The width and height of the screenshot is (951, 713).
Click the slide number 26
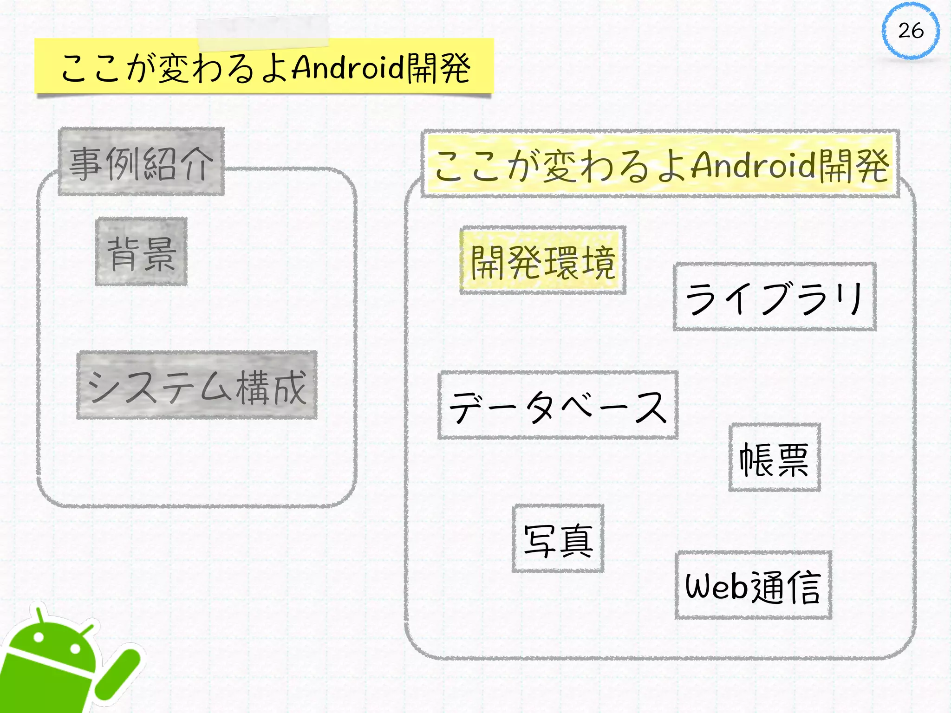911,31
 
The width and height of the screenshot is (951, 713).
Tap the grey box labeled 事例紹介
141,162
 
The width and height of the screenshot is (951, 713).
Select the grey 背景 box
141,252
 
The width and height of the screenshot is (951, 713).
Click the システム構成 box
197,385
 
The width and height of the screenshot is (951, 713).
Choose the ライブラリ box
775,297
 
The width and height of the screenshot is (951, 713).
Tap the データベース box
558,405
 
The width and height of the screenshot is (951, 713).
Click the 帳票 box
775,458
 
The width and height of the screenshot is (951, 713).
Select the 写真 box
558,538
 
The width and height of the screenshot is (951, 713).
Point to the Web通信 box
753,585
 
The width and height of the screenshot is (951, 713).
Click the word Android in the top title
348,68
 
